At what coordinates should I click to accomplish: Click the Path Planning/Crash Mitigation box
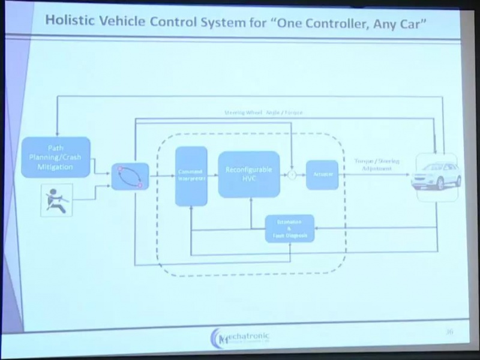tap(56, 157)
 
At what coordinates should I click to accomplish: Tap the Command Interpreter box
tap(191, 176)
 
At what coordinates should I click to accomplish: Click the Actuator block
tap(322, 175)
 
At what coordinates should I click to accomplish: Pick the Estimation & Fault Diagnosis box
tap(290, 229)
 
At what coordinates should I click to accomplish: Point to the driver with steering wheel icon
tap(56, 200)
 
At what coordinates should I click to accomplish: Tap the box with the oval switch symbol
tap(130, 176)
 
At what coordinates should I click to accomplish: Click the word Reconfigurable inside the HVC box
tap(248, 170)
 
